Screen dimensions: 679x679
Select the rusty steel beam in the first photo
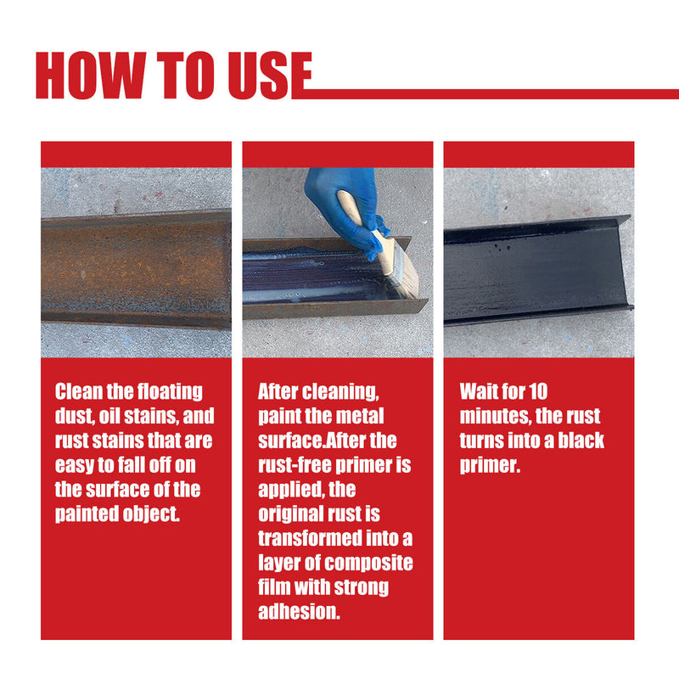click(136, 267)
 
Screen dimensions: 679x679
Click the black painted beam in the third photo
click(535, 272)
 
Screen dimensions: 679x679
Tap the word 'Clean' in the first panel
click(79, 392)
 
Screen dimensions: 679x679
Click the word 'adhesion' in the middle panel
click(298, 612)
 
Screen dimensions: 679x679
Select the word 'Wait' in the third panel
click(480, 392)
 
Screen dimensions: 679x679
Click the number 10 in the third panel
click(537, 392)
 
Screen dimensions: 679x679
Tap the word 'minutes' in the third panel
click(497, 417)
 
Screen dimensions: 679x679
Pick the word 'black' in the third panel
click(581, 441)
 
